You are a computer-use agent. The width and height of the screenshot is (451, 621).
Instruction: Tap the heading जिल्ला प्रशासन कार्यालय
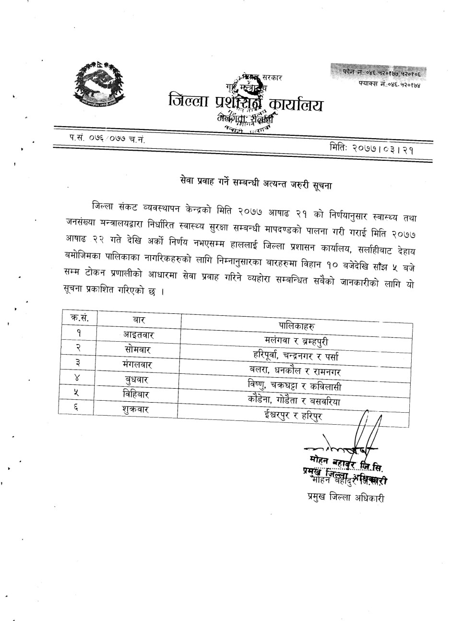[246, 102]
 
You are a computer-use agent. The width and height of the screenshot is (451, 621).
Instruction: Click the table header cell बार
[139, 320]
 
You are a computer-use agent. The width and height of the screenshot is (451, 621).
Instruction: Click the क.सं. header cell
[77, 318]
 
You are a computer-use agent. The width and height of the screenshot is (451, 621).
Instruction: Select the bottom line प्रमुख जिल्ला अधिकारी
[345, 498]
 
